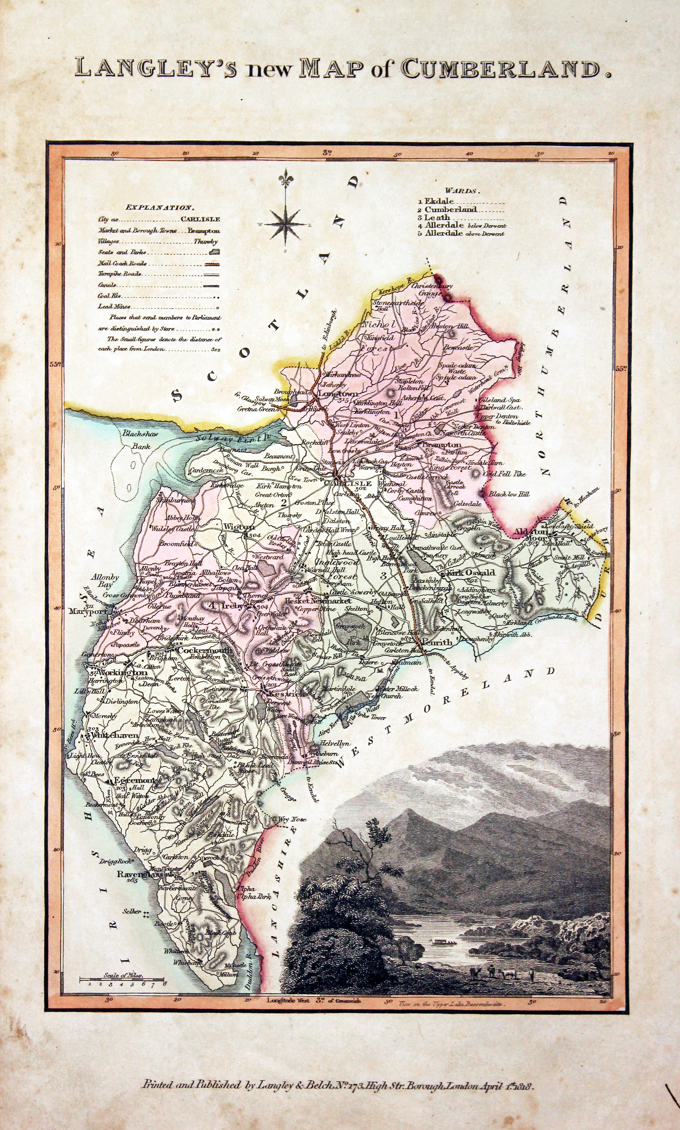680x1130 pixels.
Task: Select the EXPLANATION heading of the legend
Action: pos(160,208)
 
